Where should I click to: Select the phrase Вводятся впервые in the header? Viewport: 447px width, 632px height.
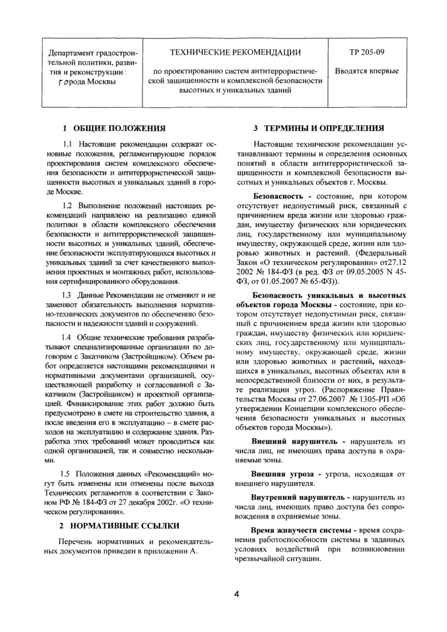pyautogui.click(x=367, y=71)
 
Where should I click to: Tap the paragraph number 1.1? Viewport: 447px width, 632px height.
pyautogui.click(x=68, y=144)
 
